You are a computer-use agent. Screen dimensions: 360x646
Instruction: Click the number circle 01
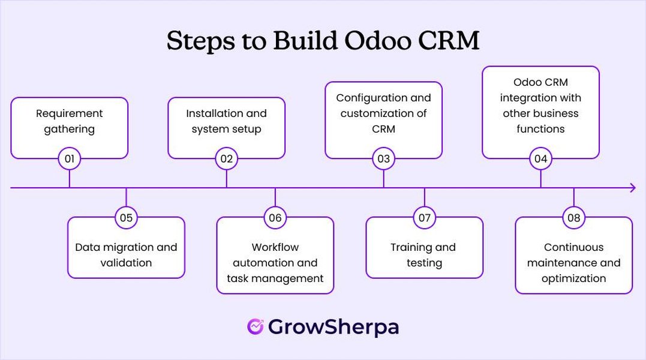[x=70, y=159]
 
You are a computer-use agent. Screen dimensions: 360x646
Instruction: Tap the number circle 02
[x=226, y=159]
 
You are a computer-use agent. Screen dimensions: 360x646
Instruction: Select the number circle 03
[x=383, y=159]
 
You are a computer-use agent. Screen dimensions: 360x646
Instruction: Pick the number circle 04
[x=540, y=159]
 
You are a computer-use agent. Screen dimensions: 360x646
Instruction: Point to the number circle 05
[x=126, y=218]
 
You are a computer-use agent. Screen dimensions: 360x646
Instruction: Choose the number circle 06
[x=275, y=218]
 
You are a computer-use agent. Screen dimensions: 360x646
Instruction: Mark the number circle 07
[x=424, y=218]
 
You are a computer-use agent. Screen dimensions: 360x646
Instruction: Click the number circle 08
[x=573, y=218]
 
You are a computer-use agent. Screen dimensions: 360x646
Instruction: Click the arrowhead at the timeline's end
[x=632, y=188]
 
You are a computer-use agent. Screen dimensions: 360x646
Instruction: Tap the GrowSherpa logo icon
[x=255, y=326]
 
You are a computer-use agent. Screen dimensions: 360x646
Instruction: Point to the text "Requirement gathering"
[x=70, y=121]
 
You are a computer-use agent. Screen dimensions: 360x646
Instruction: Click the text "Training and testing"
[x=424, y=255]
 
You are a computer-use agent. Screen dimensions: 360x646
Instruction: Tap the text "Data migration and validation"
[x=126, y=255]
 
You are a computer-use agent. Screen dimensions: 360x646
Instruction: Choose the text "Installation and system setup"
[x=226, y=121]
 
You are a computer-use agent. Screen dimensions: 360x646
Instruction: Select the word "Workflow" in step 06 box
[x=275, y=247]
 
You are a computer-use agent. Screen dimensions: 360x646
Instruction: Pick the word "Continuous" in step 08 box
[x=573, y=247]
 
